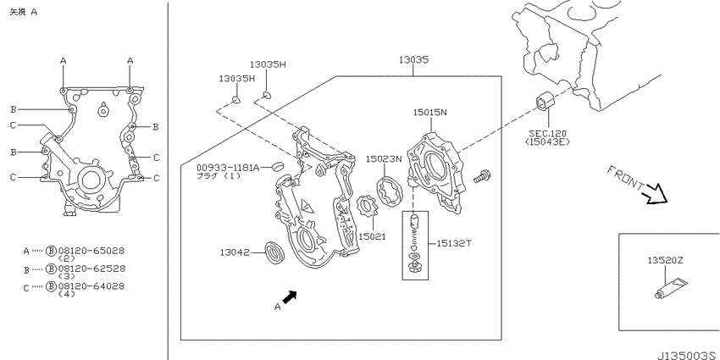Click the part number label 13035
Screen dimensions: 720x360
point(413,59)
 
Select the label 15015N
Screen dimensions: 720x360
point(429,112)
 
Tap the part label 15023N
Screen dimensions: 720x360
point(384,159)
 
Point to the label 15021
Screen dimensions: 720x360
point(372,236)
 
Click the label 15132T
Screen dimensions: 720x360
point(453,243)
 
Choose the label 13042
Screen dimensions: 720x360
point(234,252)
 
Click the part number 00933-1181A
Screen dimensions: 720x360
point(228,168)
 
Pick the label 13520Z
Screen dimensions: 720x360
point(665,260)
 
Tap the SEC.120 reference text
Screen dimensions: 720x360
point(547,134)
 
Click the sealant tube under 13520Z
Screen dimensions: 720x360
point(671,288)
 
